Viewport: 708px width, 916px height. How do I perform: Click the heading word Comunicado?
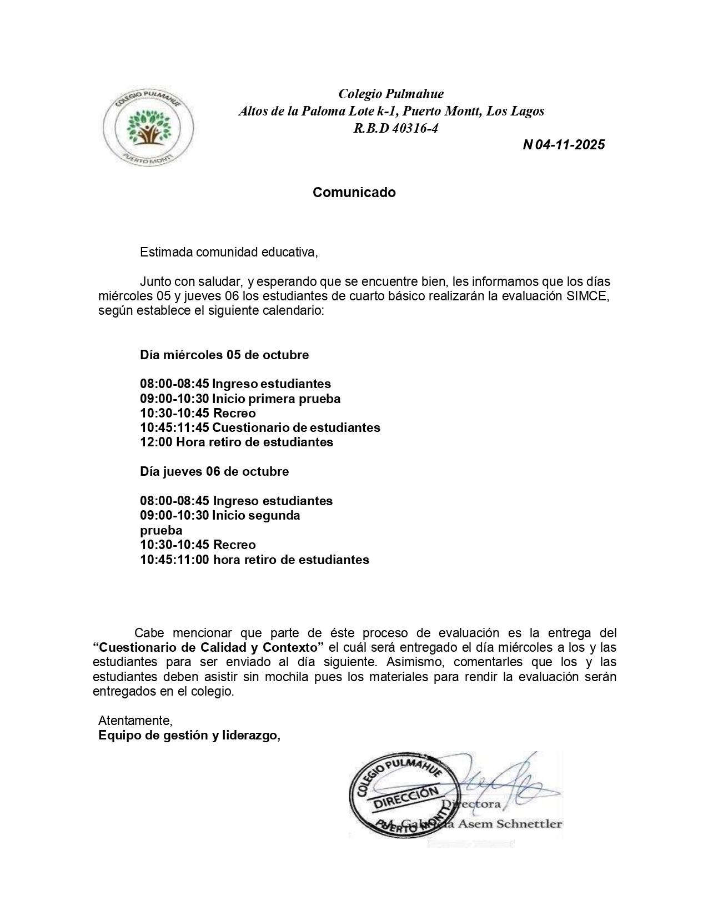point(354,193)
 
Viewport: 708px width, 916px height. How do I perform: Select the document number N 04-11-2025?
point(564,145)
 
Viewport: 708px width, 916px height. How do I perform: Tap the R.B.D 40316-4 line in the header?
point(395,129)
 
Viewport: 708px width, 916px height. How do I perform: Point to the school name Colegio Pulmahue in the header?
point(391,94)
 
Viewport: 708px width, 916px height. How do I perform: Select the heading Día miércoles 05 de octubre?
point(224,355)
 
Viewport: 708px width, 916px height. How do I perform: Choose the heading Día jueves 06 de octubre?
point(214,472)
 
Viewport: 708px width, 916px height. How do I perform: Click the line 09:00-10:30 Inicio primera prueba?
point(240,399)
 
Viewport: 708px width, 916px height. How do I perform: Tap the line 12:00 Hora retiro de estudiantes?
point(237,442)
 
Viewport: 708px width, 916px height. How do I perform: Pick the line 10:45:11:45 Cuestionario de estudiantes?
point(260,428)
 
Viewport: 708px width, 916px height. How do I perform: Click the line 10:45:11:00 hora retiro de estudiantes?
point(254,560)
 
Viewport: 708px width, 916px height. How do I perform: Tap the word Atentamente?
point(135,721)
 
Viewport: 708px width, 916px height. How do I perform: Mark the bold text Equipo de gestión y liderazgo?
point(189,736)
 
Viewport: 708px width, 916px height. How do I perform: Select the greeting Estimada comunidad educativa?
point(229,253)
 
